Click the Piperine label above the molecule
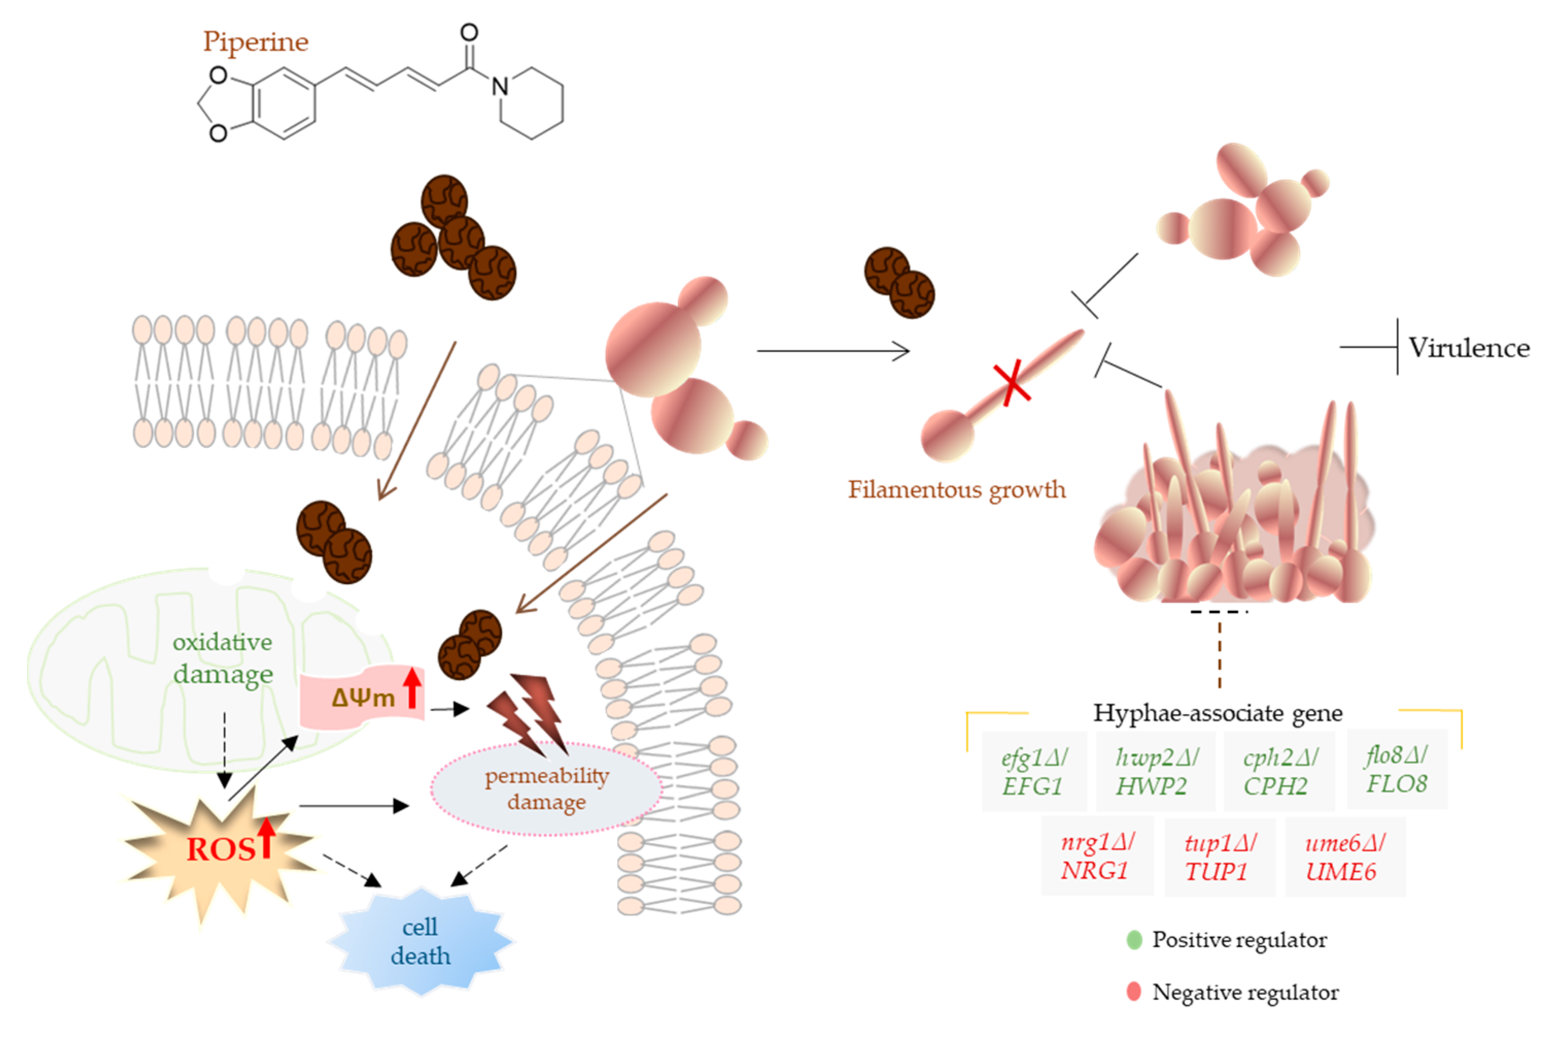255,42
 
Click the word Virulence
1469,348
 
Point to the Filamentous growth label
956,490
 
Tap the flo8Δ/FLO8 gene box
1396,770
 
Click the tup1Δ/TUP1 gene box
1219,857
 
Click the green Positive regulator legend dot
1134,940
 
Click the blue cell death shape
420,942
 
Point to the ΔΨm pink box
362,699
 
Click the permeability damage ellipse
546,789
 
